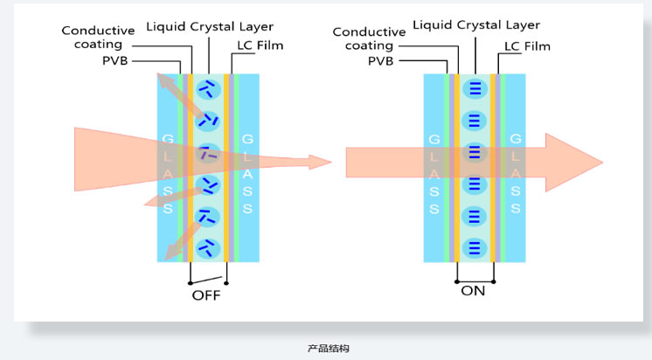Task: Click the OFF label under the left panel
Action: [x=206, y=295]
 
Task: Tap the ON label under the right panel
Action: [x=473, y=290]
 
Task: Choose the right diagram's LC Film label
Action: [x=527, y=45]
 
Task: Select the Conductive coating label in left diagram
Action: [x=98, y=38]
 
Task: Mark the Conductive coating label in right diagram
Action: [x=369, y=39]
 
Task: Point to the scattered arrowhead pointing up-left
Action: [x=163, y=80]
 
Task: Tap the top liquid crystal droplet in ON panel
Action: [x=474, y=87]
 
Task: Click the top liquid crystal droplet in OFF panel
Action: [x=208, y=87]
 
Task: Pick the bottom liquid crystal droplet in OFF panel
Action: [x=208, y=247]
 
